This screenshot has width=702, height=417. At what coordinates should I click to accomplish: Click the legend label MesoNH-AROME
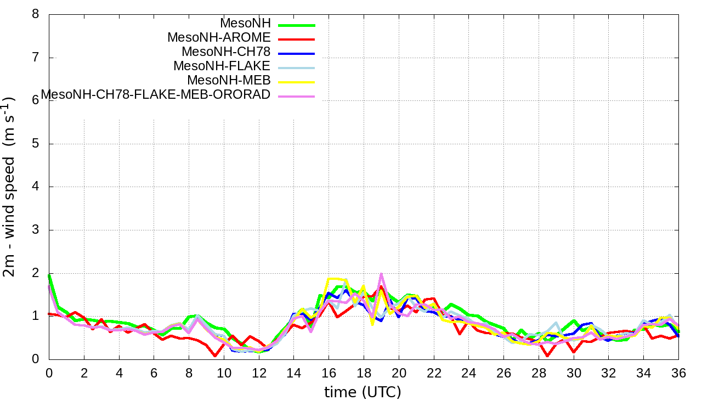click(x=219, y=38)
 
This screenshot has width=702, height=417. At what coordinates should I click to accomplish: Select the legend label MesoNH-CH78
click(x=226, y=52)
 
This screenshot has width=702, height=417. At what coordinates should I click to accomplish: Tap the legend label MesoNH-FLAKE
click(x=222, y=66)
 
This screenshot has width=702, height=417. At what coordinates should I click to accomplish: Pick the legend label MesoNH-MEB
click(x=229, y=81)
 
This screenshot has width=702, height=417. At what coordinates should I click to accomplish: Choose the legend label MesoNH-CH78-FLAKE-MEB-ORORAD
click(x=156, y=95)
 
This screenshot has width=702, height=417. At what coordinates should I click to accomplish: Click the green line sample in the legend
click(x=296, y=25)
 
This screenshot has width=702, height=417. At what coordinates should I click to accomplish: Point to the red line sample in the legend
click(x=296, y=40)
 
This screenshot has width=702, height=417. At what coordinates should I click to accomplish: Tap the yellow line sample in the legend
click(x=296, y=82)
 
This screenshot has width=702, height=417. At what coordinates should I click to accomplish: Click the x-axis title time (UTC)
click(x=363, y=392)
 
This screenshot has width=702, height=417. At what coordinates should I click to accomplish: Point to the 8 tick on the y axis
click(x=36, y=14)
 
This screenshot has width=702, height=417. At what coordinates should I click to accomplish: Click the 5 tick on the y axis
click(x=36, y=144)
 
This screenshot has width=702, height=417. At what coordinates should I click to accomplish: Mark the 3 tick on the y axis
click(x=36, y=230)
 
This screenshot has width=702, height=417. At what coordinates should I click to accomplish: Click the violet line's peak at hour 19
click(x=381, y=274)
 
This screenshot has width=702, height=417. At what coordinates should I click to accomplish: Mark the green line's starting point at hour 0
click(x=49, y=275)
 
